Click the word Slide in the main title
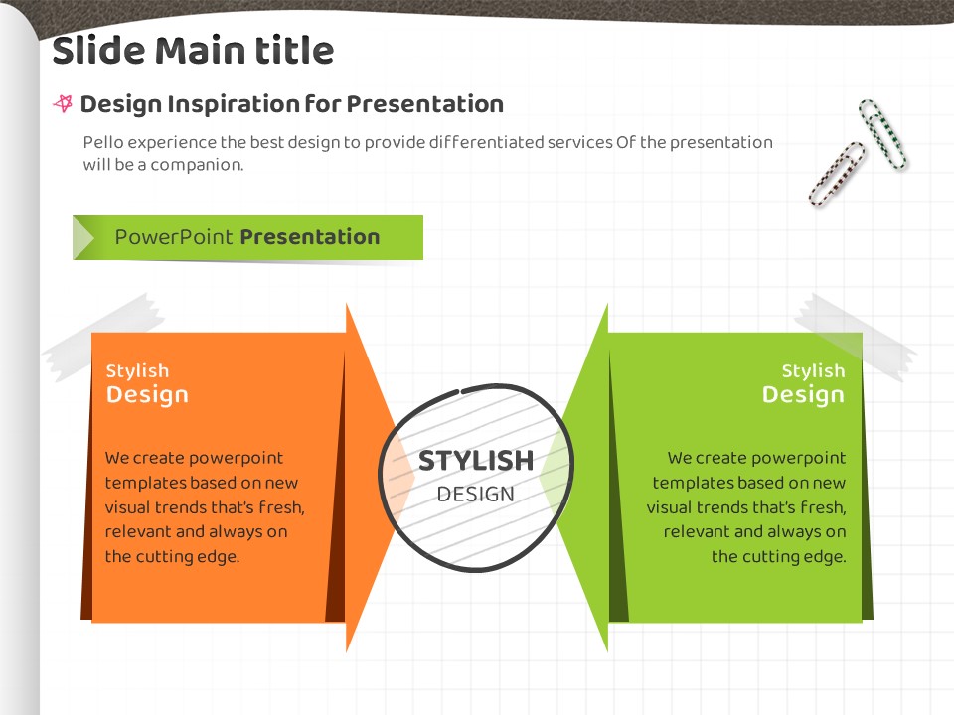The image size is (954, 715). (98, 50)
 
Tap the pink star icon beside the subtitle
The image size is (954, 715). (64, 104)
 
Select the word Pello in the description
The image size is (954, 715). (103, 142)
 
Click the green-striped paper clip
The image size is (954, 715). (881, 134)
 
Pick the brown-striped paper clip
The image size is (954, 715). (837, 173)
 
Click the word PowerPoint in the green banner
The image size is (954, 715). (174, 237)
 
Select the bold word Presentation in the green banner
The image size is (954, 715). (310, 237)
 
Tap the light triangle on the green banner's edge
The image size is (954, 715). (82, 237)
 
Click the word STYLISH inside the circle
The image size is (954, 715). (476, 461)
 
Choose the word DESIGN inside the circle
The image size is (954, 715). (476, 495)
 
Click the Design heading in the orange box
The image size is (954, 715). (147, 396)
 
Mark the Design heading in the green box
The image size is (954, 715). (803, 396)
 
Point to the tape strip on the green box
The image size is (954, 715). (856, 337)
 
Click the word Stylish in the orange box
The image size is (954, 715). (137, 370)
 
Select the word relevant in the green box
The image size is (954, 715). (696, 532)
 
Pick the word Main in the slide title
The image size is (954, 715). (200, 50)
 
